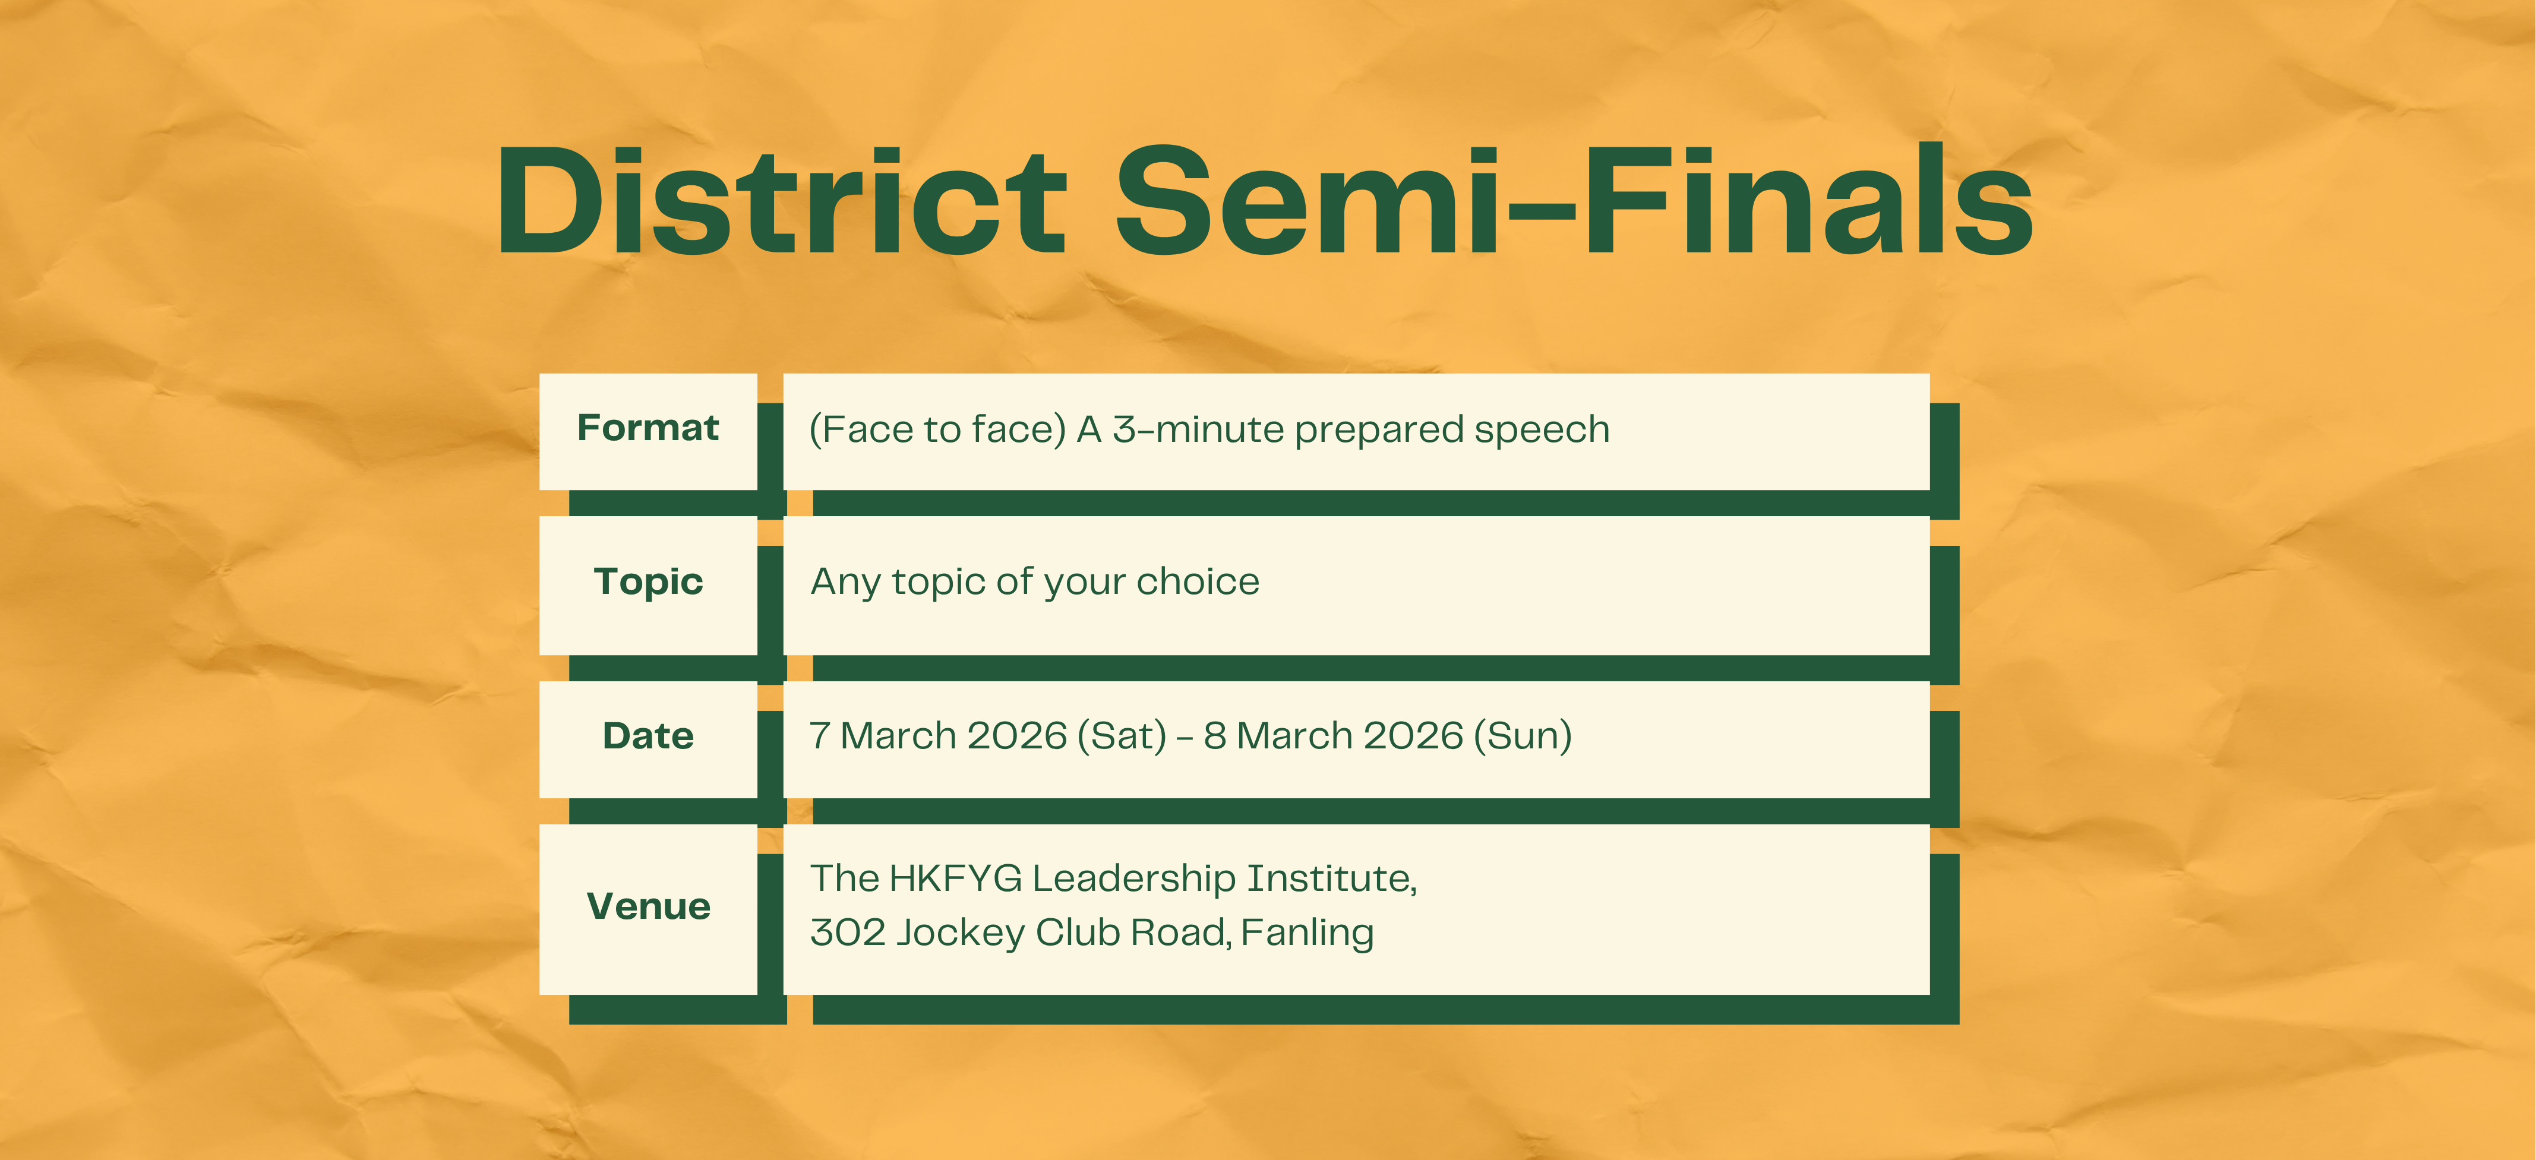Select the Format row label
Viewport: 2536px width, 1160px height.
point(648,428)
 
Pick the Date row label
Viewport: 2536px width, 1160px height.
point(648,735)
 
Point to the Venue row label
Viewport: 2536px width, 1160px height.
point(648,906)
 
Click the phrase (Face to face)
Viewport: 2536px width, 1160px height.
point(937,429)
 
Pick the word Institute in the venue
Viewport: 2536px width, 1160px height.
point(1332,878)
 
